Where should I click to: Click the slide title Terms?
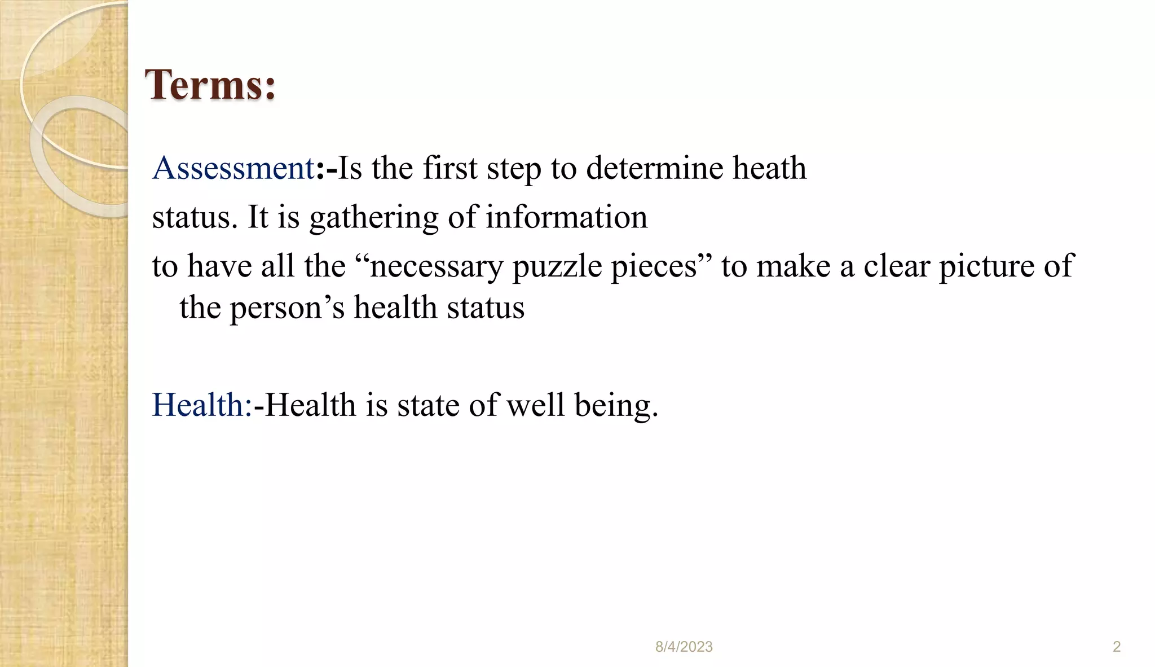point(210,85)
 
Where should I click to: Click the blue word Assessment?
point(233,168)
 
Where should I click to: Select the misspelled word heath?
point(769,168)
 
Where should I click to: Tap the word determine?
point(654,168)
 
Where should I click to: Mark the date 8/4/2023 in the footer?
point(684,647)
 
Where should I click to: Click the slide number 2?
point(1116,647)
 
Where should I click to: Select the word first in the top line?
point(450,168)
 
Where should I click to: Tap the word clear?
point(896,266)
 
